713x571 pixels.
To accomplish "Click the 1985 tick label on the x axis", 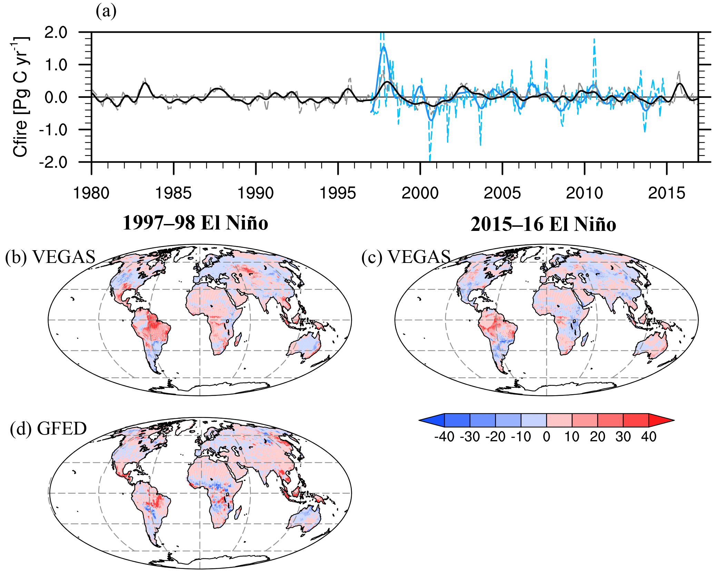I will click(173, 193).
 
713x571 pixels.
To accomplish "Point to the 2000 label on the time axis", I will click(420, 193).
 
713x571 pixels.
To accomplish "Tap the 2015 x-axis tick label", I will click(666, 193).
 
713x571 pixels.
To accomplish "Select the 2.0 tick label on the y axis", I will click(56, 33).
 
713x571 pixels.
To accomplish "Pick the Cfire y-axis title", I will click(21, 96).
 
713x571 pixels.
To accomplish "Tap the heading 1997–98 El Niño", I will click(195, 223).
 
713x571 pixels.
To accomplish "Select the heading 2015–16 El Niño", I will click(543, 224).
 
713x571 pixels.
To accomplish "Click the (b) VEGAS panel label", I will click(50, 257).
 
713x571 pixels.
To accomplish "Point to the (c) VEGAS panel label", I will click(406, 257).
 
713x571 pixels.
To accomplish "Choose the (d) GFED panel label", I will click(48, 428).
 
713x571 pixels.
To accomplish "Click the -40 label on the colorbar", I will click(444, 437).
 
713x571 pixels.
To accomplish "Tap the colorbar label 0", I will click(546, 437).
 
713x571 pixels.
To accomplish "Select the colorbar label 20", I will click(597, 437).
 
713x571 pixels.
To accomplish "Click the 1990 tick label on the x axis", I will click(255, 193).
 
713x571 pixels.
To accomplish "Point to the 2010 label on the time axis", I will click(584, 193).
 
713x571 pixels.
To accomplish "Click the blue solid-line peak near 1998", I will click(384, 47).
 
